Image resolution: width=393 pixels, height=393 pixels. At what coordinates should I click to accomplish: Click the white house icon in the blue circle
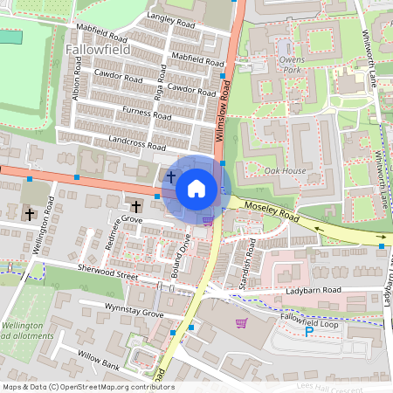pyautogui.click(x=196, y=188)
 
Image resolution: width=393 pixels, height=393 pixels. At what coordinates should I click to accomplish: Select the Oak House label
pyautogui.click(x=285, y=170)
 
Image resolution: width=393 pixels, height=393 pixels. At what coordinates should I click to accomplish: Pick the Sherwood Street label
pyautogui.click(x=107, y=273)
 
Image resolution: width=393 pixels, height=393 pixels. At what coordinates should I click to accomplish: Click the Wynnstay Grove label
pyautogui.click(x=134, y=312)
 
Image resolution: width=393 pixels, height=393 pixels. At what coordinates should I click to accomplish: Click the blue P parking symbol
pyautogui.click(x=307, y=331)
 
